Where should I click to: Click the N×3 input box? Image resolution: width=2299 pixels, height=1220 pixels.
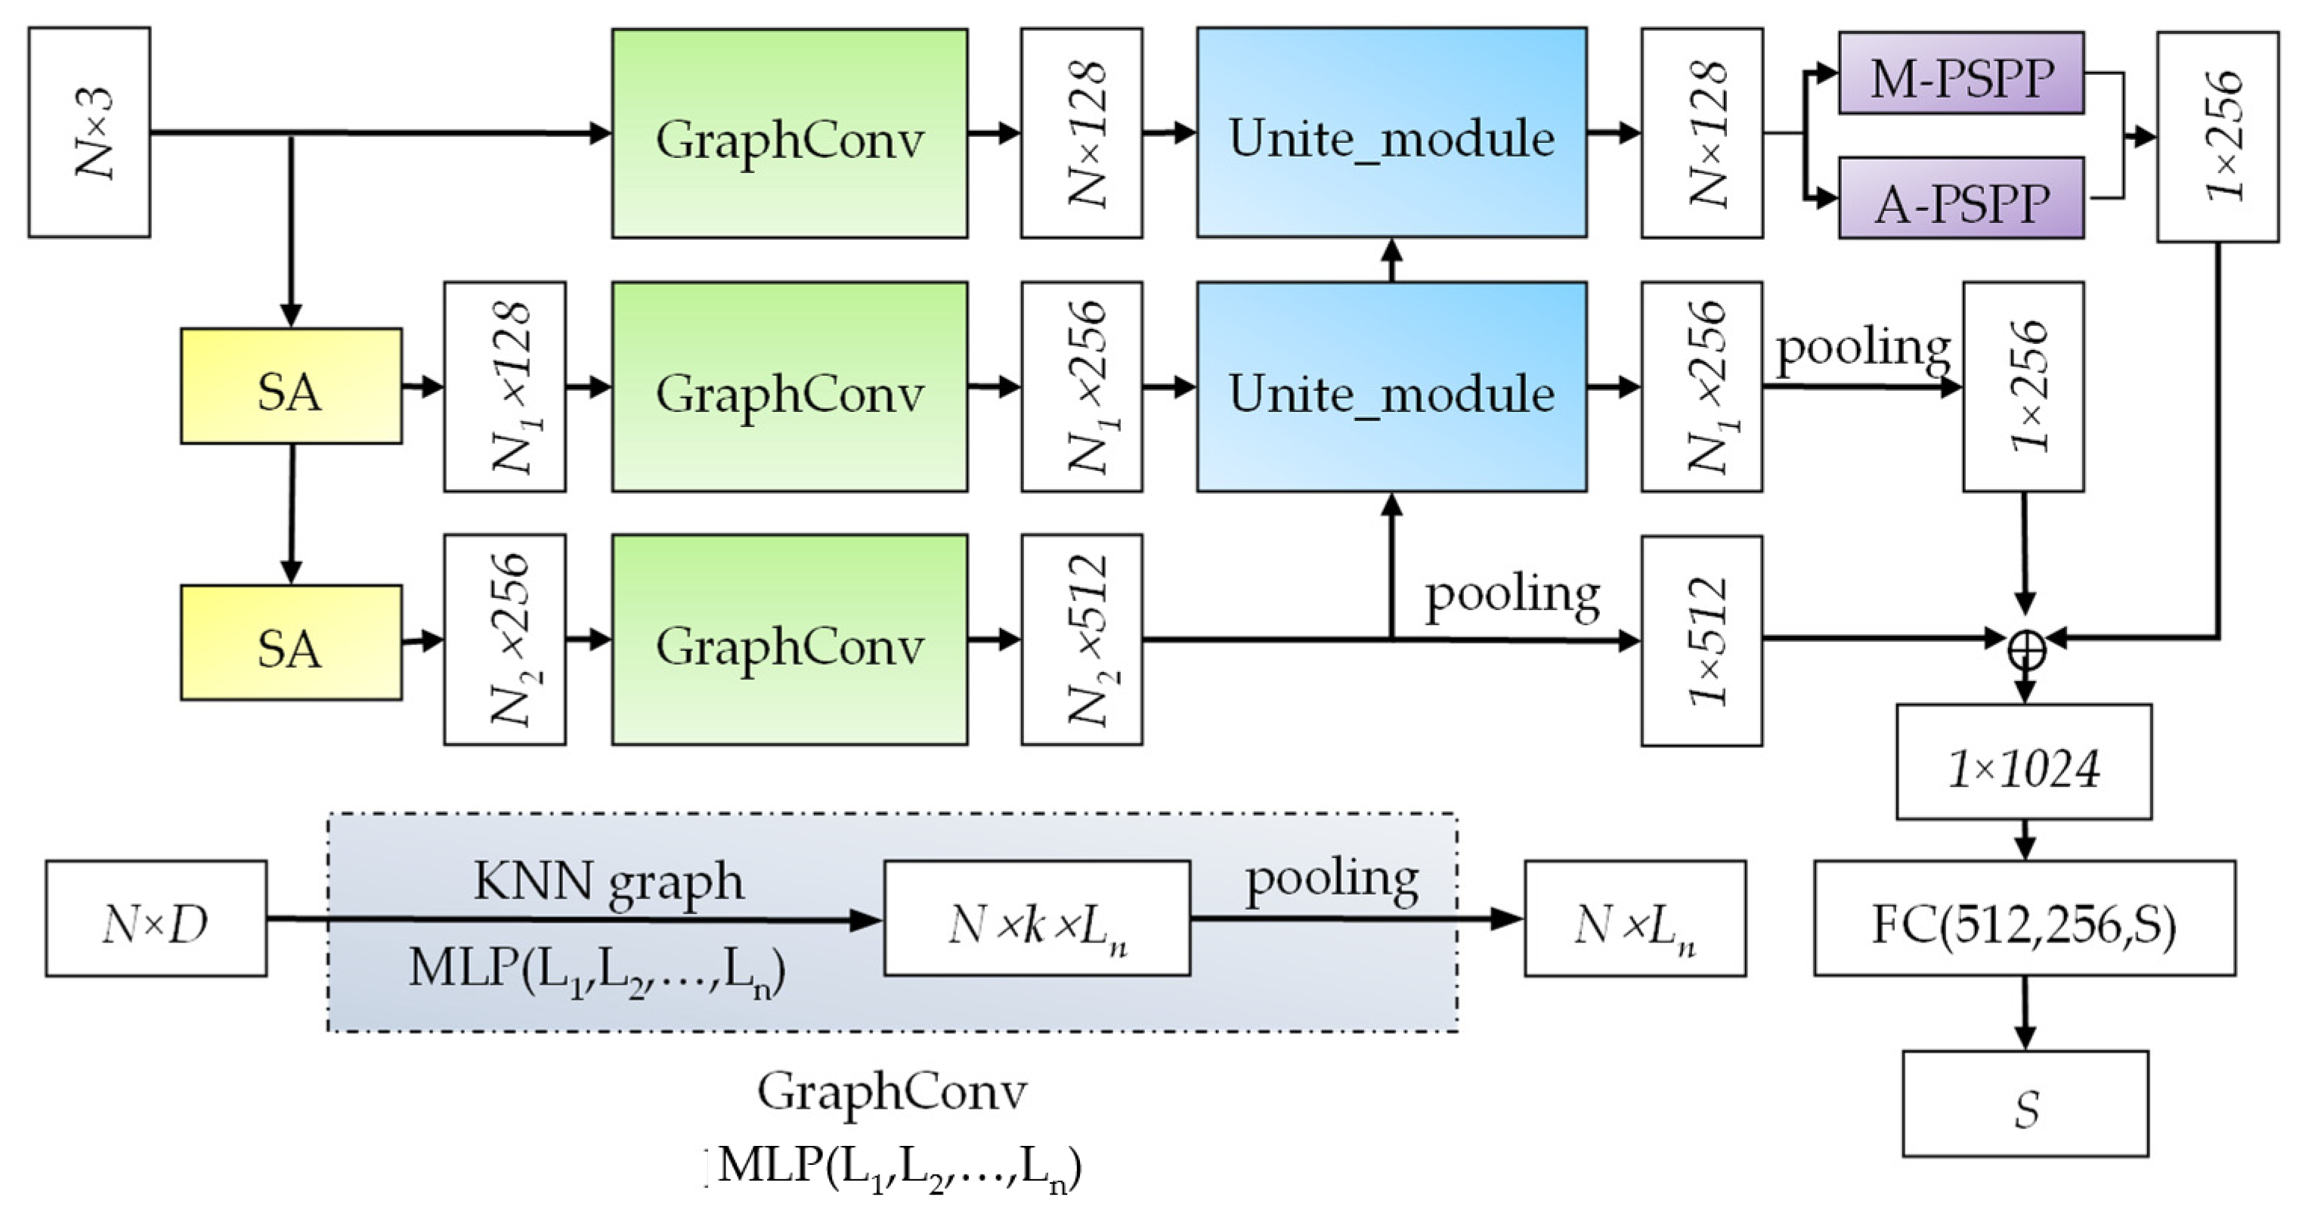point(89,132)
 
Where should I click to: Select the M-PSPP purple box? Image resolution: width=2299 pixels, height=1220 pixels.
point(1960,73)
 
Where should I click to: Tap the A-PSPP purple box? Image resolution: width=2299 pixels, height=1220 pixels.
point(1960,198)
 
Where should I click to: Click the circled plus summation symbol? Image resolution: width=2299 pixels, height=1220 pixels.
point(2026,651)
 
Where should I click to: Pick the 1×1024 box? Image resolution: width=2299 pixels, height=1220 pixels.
point(2023,762)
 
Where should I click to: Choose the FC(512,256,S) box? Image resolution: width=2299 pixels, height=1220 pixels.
point(2024,918)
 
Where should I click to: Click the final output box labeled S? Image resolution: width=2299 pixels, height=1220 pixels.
point(2025,1104)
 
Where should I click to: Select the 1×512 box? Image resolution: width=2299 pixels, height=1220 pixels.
point(1701,641)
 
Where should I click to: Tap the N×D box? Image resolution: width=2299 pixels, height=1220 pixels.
point(156,918)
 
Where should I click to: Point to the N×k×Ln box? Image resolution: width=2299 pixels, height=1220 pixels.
point(1036,918)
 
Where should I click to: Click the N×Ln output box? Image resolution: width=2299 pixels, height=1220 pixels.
point(1634,918)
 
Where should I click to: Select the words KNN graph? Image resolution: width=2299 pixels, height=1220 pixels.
point(608,882)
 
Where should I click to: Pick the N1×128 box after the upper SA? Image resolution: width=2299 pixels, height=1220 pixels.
point(505,386)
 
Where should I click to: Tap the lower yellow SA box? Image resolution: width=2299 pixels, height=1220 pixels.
point(291,643)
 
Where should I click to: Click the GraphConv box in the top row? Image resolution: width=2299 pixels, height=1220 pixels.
point(789,134)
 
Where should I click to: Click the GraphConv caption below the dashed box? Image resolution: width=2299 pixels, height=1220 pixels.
point(892,1091)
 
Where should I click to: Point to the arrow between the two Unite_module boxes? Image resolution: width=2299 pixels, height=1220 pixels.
point(1391,260)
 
